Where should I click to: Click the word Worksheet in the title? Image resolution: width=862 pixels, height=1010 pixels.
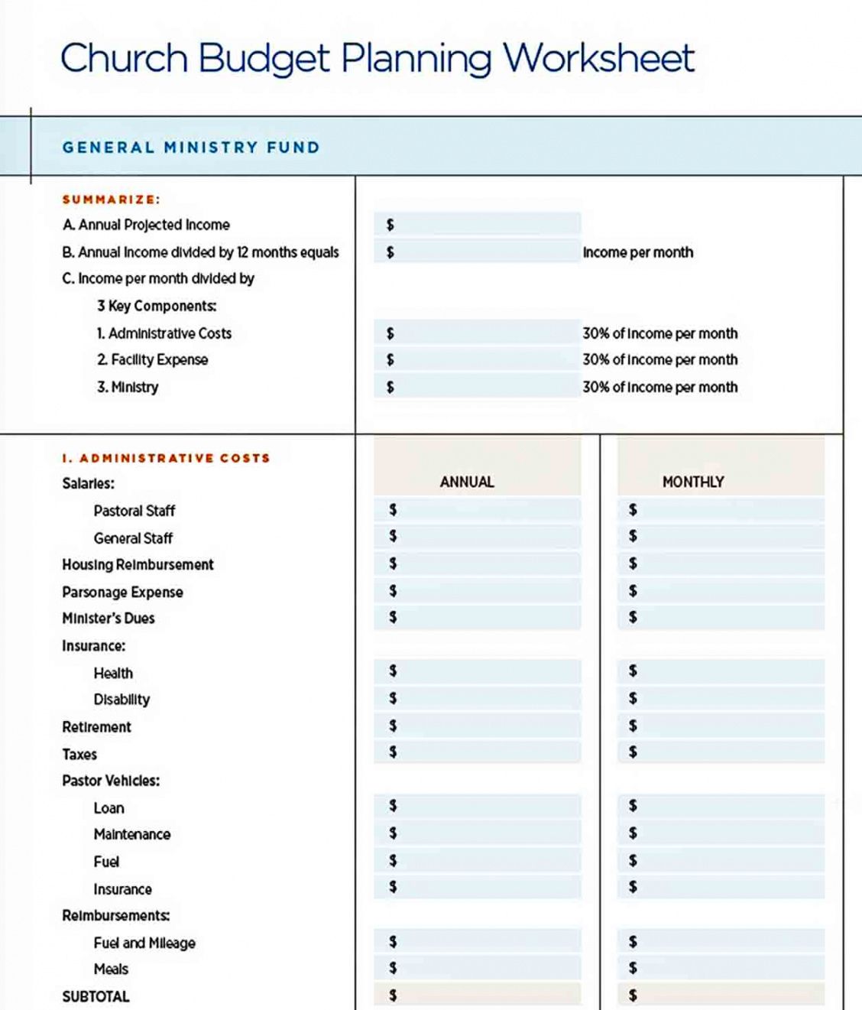click(598, 58)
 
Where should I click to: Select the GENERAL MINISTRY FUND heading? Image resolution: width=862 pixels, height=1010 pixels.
click(191, 148)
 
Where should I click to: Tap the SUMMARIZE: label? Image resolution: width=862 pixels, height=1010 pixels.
click(112, 200)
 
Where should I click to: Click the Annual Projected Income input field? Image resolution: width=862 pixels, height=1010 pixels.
click(478, 224)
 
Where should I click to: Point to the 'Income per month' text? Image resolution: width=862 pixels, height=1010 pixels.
click(638, 252)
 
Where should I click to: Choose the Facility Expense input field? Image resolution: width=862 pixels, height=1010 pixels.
click(478, 359)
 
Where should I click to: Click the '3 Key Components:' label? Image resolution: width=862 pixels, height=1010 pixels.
click(157, 306)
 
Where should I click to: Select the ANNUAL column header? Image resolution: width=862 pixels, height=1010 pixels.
click(467, 482)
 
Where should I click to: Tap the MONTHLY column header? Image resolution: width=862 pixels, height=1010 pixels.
click(693, 482)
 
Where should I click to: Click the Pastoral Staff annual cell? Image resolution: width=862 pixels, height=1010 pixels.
click(478, 510)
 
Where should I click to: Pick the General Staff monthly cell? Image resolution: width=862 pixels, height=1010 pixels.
click(721, 537)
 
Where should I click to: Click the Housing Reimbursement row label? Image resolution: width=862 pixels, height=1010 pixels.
click(138, 565)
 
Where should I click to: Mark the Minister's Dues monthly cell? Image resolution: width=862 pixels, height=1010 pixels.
click(721, 618)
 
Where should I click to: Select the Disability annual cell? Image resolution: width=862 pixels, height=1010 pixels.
click(478, 699)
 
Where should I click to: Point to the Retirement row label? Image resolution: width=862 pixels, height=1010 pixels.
click(96, 727)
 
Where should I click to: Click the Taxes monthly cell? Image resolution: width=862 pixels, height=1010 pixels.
click(721, 753)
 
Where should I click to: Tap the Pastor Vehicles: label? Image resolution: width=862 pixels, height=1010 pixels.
click(111, 781)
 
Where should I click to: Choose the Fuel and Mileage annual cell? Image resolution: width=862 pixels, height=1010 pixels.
click(478, 942)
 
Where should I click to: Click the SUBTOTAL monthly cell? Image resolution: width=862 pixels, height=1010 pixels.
click(721, 995)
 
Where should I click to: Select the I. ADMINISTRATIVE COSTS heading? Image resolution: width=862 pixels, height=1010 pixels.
click(167, 458)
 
